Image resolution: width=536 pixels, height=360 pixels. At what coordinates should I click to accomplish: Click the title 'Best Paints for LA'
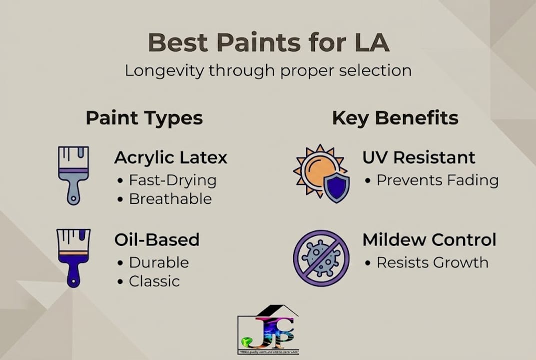coord(268,43)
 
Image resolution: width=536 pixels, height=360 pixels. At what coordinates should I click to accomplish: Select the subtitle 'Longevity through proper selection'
coord(268,70)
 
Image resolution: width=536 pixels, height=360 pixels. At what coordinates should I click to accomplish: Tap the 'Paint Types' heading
coord(144,118)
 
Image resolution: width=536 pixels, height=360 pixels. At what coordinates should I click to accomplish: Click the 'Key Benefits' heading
coord(395,118)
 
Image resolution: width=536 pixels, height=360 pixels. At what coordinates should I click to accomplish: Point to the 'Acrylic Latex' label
coord(171,157)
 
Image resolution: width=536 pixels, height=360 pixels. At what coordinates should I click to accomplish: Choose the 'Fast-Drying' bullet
coord(172,180)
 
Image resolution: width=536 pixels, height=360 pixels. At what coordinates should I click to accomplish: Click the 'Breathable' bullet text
coord(170,198)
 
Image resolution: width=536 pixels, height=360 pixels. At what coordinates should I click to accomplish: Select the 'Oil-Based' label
coord(157,239)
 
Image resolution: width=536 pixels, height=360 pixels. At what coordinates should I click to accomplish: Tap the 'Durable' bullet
coord(158,262)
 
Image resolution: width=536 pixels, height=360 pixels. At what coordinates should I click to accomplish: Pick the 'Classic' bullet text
coord(154,281)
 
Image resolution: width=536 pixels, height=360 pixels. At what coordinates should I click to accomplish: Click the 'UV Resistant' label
coord(419,157)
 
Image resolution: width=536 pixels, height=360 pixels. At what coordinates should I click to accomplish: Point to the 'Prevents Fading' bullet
coord(437,180)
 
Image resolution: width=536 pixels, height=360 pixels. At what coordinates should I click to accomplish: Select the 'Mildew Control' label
coord(429,239)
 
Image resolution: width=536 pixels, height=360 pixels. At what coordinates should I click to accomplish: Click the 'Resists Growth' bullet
coord(432,262)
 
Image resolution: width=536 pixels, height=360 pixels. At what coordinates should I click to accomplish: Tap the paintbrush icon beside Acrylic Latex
coord(73,174)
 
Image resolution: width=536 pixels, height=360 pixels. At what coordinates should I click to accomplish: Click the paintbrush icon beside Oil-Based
coord(73,257)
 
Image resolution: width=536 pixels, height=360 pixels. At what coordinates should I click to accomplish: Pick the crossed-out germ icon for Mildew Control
coord(321,258)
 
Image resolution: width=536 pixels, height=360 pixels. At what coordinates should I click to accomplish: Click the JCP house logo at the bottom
coord(268,329)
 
